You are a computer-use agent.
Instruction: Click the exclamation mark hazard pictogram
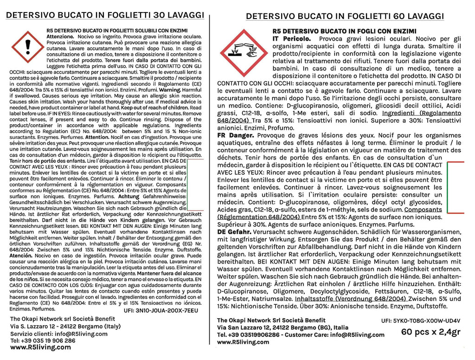27,47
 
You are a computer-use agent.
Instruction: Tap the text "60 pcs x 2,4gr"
431,332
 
